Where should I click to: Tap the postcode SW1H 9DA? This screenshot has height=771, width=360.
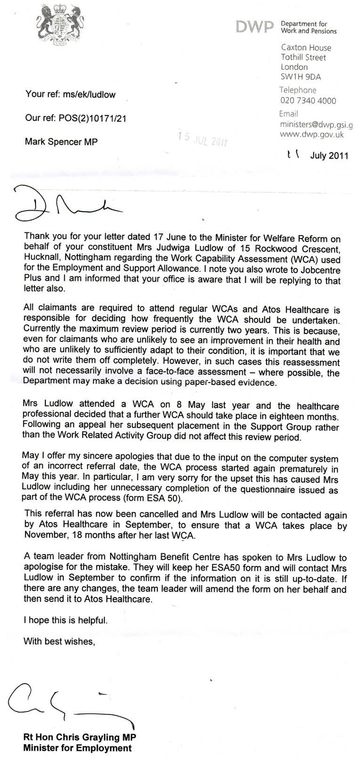[x=300, y=77]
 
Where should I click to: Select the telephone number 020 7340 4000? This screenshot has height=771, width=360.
[x=308, y=100]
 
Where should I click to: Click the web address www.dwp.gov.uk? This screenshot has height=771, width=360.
[x=312, y=134]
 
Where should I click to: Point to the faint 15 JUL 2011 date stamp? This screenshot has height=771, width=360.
[x=202, y=139]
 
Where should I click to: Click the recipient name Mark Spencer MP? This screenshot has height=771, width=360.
[x=61, y=142]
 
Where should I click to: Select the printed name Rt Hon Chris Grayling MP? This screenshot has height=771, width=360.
[x=80, y=738]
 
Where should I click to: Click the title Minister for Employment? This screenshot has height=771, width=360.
[x=77, y=748]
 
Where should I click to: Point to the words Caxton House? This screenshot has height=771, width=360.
[x=306, y=48]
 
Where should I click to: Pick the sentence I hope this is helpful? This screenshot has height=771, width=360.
[x=66, y=620]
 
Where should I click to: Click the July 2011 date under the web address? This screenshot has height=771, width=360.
[x=329, y=155]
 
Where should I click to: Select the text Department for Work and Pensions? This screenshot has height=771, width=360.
[x=309, y=27]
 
